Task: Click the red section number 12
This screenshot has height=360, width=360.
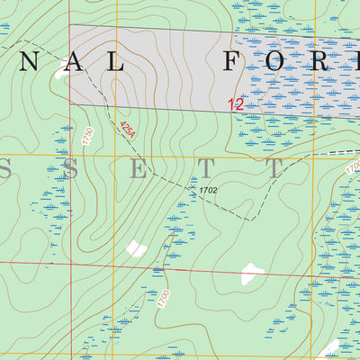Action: click(236, 104)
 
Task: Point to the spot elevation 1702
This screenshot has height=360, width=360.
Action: click(208, 191)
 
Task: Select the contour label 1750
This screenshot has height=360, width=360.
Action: click(87, 138)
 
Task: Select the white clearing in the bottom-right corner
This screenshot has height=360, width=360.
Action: click(329, 348)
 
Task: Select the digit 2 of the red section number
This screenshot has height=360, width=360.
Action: click(239, 104)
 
